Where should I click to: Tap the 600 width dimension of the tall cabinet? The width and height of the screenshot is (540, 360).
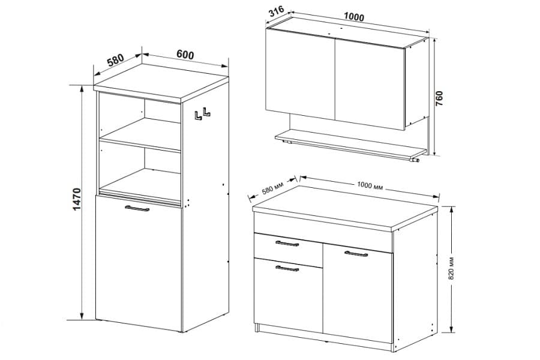tap(185, 55)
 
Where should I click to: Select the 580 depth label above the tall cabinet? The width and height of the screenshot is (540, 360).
tap(115, 60)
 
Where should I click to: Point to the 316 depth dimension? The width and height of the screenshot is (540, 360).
tap(276, 11)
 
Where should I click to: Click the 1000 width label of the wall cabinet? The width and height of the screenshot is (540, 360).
tap(354, 17)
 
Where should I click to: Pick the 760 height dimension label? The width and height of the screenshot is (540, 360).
tap(440, 98)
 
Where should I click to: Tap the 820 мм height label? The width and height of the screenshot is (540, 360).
tap(452, 268)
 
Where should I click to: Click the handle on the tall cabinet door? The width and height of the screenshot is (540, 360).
tap(137, 208)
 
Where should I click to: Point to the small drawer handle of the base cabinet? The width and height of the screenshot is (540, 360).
tap(287, 244)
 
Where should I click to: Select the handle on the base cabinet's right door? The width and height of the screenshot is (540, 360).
tap(356, 254)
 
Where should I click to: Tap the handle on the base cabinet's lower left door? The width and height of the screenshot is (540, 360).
tap(287, 268)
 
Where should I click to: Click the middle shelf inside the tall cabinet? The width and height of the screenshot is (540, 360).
tap(140, 134)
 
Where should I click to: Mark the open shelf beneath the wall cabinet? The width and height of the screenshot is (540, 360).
tap(350, 144)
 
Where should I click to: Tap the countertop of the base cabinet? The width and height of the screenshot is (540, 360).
tap(345, 208)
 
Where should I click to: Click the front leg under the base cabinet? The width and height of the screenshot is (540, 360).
tap(257, 328)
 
